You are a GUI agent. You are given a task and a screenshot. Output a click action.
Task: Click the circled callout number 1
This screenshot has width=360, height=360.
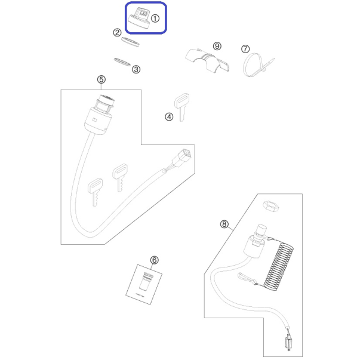pyautogui.click(x=155, y=19)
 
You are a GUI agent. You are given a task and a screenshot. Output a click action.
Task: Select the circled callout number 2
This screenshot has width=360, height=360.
pyautogui.click(x=118, y=33)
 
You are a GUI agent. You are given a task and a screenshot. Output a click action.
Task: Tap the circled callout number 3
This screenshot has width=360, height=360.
pyautogui.click(x=136, y=69)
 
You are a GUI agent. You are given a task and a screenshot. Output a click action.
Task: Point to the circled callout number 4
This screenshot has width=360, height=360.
pyautogui.click(x=169, y=117)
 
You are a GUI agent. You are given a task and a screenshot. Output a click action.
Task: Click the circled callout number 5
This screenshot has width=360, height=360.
pyautogui.click(x=101, y=79)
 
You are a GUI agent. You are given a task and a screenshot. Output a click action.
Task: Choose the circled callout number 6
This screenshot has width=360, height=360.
pyautogui.click(x=154, y=260)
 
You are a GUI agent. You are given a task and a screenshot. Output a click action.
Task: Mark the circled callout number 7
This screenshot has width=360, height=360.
pyautogui.click(x=245, y=49)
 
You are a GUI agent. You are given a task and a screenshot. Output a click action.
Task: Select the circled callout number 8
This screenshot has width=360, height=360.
pyautogui.click(x=224, y=224)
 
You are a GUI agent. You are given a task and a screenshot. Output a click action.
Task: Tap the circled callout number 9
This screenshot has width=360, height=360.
pyautogui.click(x=217, y=46)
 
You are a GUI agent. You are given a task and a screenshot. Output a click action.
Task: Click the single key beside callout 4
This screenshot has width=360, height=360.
pyautogui.click(x=181, y=107)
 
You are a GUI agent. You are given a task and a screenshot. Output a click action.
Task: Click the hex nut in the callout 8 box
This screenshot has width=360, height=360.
pyautogui.click(x=271, y=206)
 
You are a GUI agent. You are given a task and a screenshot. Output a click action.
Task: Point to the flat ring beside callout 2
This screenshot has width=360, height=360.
pyautogui.click(x=130, y=41)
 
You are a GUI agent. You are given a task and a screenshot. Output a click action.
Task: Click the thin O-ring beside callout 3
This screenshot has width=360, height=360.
pyautogui.click(x=122, y=62)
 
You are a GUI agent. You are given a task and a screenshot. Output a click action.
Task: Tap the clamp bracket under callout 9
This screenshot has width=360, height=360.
pyautogui.click(x=207, y=60)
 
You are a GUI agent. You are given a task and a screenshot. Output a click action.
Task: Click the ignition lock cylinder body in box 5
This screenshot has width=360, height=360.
pyautogui.click(x=99, y=115)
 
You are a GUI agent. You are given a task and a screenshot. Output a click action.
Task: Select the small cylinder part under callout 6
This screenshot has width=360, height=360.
pyautogui.click(x=145, y=282)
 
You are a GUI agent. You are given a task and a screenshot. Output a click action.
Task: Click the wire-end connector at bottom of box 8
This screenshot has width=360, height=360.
pyautogui.click(x=288, y=343)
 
